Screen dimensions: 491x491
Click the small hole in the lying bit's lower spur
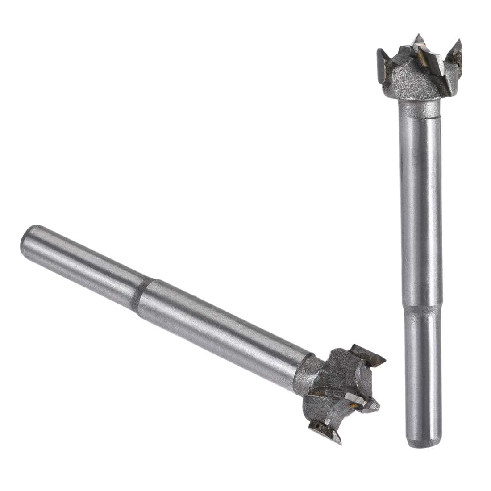click(317, 426)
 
